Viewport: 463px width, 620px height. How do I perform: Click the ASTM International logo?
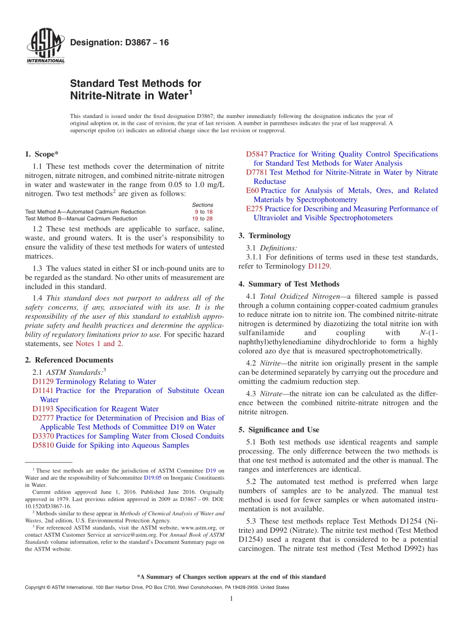(x=45, y=47)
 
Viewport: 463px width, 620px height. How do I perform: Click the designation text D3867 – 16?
(x=119, y=43)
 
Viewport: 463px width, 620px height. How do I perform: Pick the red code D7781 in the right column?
(x=256, y=172)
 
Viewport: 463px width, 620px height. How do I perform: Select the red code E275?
(x=254, y=209)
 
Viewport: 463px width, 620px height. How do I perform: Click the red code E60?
(x=252, y=191)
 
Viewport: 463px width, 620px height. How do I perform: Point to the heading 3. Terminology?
(x=265, y=235)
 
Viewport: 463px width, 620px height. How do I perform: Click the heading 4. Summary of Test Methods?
(x=289, y=284)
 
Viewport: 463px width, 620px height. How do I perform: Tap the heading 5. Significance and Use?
(x=279, y=429)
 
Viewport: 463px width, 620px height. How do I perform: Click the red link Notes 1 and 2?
(x=99, y=344)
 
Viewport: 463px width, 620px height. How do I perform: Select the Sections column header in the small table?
(x=202, y=205)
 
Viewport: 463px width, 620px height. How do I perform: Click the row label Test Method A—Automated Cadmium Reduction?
(x=85, y=212)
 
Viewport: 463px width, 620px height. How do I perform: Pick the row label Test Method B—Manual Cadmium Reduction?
(x=81, y=218)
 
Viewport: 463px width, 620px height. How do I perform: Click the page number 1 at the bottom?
(x=231, y=599)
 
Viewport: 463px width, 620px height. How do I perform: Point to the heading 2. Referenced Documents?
(x=69, y=360)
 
